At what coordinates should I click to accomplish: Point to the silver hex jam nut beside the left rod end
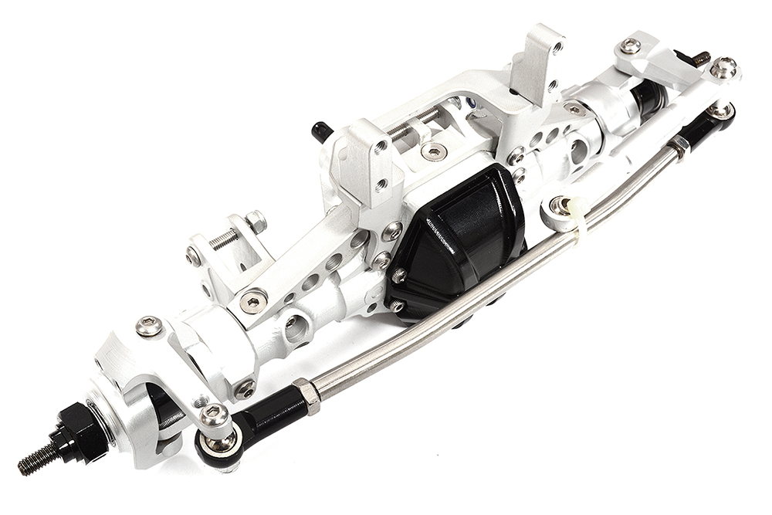[307, 395]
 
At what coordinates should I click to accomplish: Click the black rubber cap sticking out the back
[319, 132]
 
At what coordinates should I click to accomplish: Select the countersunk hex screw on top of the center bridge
[435, 151]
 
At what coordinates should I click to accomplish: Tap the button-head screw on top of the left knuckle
[149, 327]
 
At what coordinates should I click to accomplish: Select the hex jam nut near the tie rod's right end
[679, 144]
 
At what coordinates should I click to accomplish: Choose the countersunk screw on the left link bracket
[253, 300]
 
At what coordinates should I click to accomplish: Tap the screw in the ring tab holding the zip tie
[561, 206]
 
